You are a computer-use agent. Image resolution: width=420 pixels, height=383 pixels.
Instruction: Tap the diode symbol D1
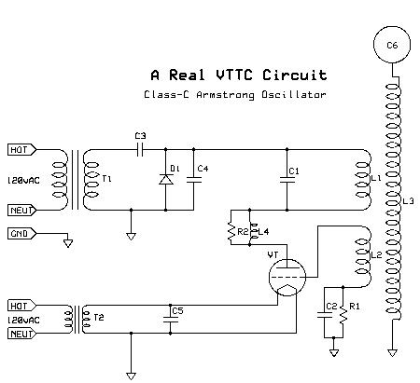(x=166, y=180)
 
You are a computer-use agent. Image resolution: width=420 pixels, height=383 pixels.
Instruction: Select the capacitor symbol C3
(x=140, y=149)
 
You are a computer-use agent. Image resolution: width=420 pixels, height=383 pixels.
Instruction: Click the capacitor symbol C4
(x=194, y=180)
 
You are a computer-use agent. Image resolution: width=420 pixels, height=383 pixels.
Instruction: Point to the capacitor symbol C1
(x=287, y=180)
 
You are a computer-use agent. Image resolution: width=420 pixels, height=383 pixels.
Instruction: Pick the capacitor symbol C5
(x=170, y=320)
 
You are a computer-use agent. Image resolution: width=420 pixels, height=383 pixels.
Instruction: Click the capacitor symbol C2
(x=324, y=315)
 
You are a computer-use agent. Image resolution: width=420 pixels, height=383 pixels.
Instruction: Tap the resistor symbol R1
(x=343, y=315)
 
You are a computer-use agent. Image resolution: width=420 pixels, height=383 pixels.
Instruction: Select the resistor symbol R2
(x=231, y=232)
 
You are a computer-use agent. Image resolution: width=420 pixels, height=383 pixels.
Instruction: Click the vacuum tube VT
(x=287, y=278)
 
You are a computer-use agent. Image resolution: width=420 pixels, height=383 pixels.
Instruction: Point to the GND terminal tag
(x=21, y=234)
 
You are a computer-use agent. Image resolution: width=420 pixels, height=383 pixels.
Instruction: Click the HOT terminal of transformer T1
(x=21, y=150)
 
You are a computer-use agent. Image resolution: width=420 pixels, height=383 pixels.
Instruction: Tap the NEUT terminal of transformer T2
(x=21, y=334)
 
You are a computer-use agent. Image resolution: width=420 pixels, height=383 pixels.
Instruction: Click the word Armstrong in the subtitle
(x=225, y=95)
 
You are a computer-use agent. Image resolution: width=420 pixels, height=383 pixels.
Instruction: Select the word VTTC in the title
(x=234, y=75)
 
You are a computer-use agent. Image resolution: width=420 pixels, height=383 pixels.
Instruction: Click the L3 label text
(x=409, y=201)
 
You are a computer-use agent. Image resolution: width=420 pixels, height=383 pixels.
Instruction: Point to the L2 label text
(x=376, y=255)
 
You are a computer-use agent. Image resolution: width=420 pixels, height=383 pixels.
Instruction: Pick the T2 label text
(x=99, y=317)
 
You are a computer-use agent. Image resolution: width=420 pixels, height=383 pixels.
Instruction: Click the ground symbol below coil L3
(x=392, y=353)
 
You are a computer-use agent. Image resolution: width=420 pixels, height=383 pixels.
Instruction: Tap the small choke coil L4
(x=253, y=232)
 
